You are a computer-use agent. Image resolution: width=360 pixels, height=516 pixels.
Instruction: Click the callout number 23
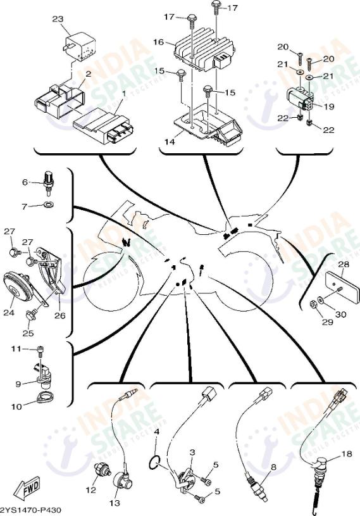[58, 20]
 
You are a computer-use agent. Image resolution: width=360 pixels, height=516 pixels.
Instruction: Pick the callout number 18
[345, 453]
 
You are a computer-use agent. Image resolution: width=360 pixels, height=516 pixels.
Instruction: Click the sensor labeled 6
[47, 180]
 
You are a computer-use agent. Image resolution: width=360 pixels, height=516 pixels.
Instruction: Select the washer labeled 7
[49, 205]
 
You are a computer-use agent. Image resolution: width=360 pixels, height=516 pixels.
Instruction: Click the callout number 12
[90, 489]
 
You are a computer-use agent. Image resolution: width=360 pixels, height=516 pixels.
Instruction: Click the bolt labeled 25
[30, 313]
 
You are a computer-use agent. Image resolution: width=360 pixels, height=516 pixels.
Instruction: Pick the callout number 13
[115, 503]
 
